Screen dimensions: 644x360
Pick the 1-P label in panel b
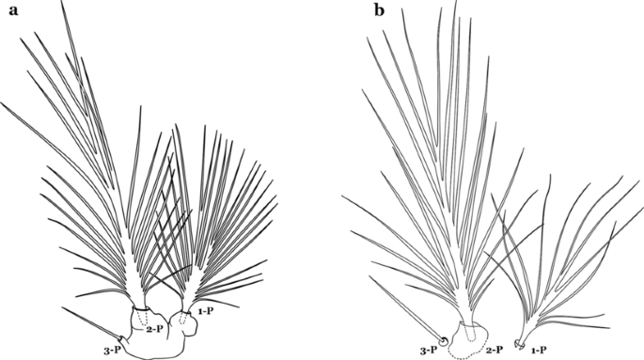540,348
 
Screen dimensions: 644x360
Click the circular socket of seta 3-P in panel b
443,339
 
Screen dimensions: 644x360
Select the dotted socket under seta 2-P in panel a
140,318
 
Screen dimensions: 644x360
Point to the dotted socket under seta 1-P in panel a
183,319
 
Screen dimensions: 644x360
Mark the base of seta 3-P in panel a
121,338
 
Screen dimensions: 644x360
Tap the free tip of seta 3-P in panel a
62,305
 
